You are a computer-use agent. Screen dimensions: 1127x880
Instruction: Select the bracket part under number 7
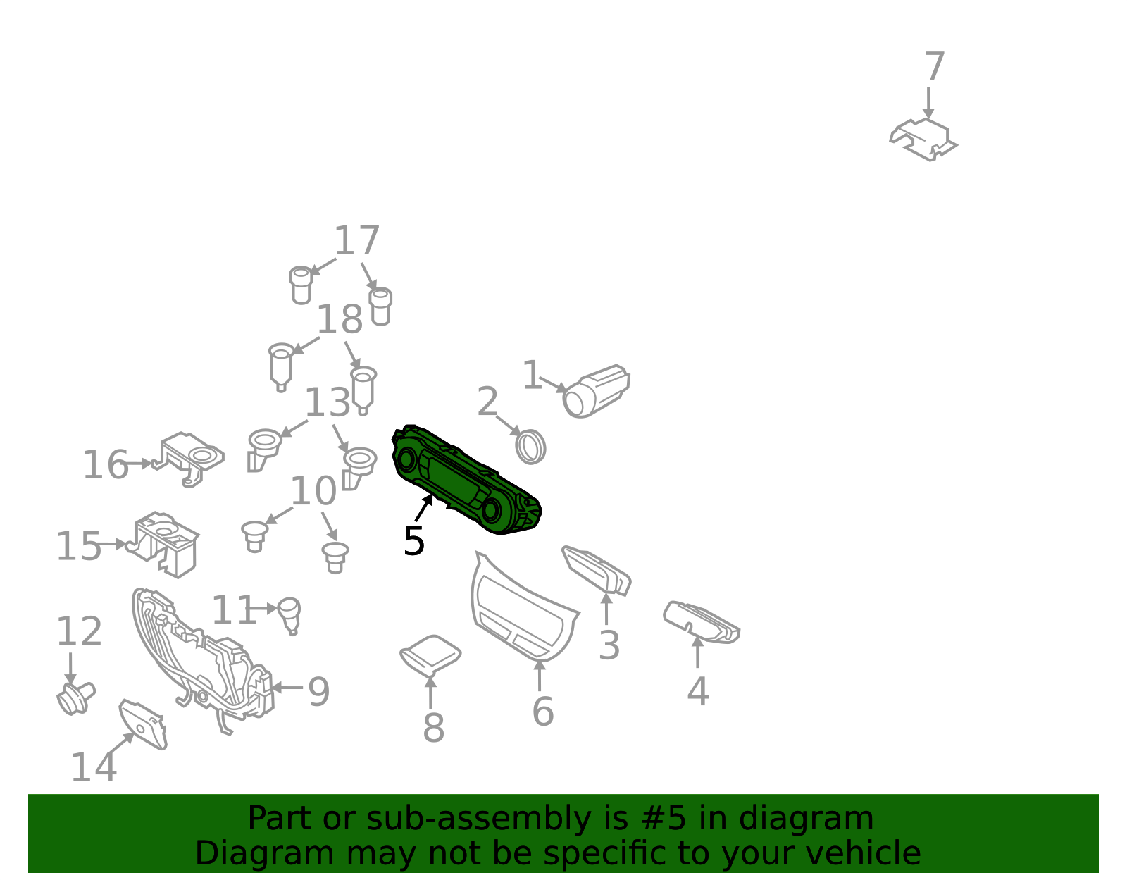923,140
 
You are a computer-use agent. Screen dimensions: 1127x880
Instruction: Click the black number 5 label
414,541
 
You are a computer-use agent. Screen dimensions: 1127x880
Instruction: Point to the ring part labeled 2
530,447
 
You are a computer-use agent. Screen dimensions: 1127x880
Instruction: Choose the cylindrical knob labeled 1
597,391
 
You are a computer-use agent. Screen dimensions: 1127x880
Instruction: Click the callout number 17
357,240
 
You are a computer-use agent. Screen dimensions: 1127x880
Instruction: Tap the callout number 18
340,319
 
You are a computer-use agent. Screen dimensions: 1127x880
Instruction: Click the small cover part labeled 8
430,655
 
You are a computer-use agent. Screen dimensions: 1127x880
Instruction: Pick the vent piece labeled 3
597,571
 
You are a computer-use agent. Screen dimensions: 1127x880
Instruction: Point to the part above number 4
701,622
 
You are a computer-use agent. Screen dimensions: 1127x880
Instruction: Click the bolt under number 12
76,698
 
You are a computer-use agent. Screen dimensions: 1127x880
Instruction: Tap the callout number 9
318,691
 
